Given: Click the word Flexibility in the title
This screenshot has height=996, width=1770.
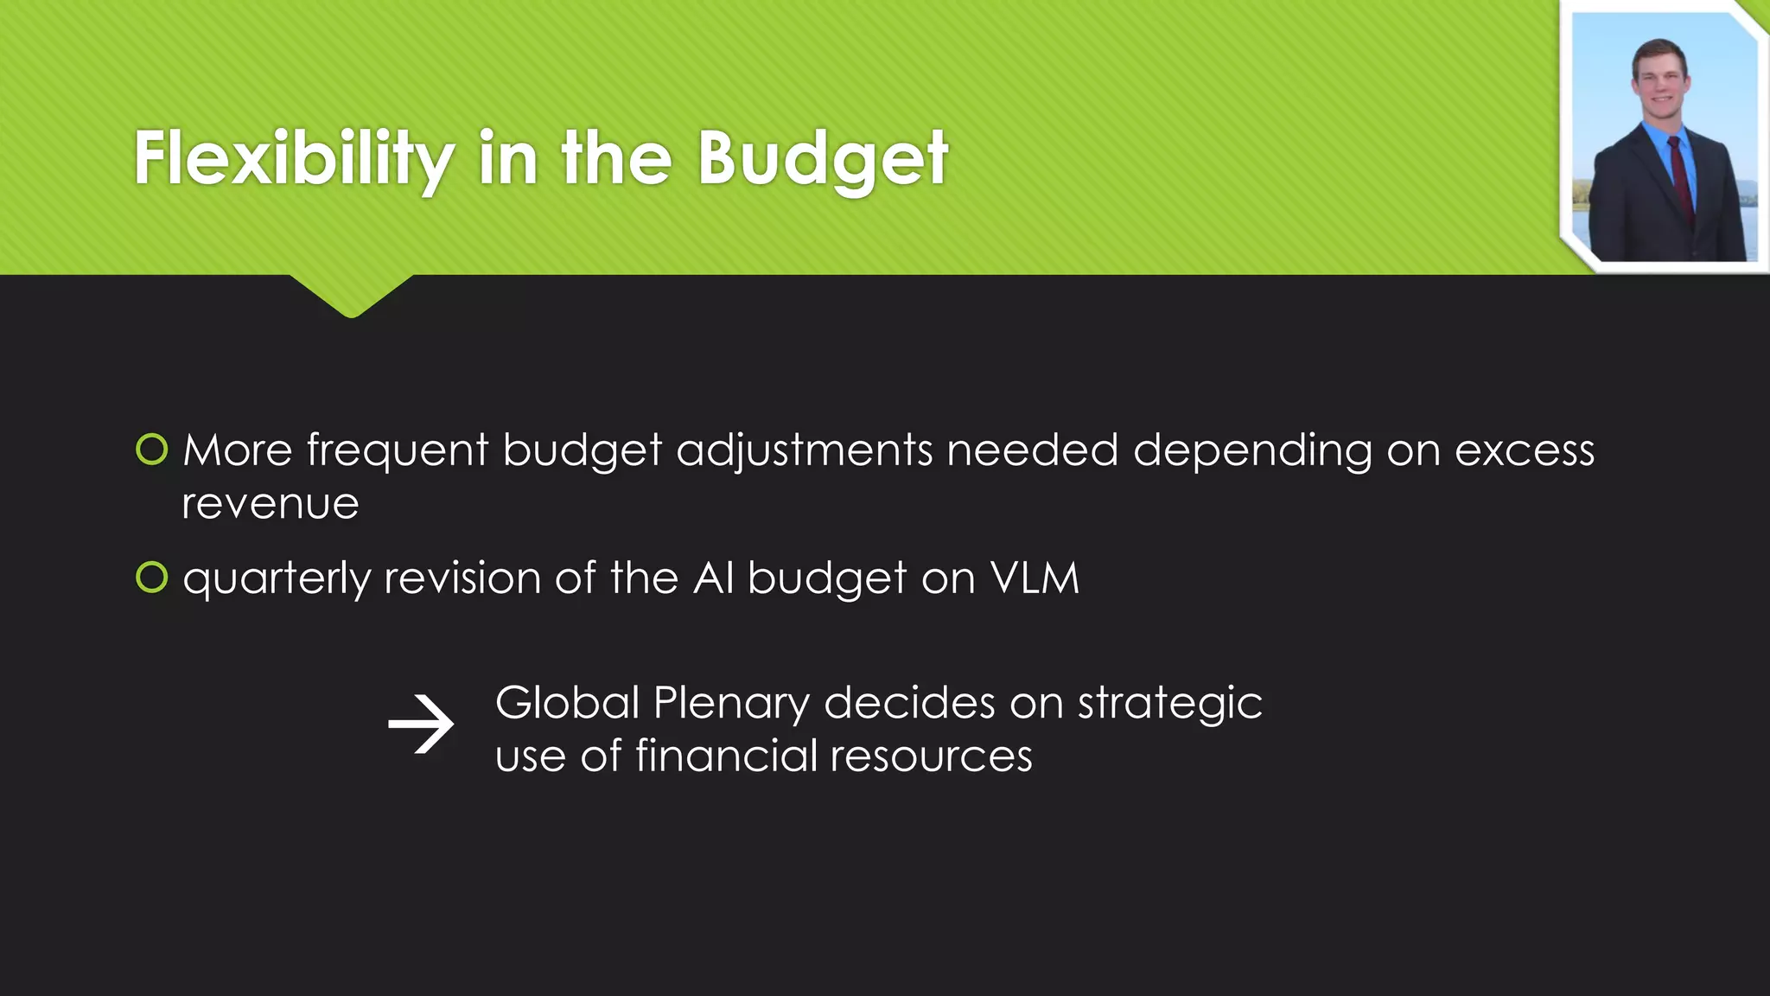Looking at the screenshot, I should pyautogui.click(x=294, y=159).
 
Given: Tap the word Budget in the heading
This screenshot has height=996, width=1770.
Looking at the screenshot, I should pyautogui.click(x=823, y=159).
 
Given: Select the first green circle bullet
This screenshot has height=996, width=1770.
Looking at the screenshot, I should pyautogui.click(x=152, y=450).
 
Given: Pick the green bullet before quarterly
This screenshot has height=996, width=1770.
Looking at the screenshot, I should pyautogui.click(x=152, y=578).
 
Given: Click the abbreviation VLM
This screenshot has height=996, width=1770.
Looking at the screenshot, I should pyautogui.click(x=1035, y=578).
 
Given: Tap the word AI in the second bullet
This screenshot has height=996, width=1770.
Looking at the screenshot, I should pyautogui.click(x=714, y=578).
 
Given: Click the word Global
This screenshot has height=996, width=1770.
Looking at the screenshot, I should pyautogui.click(x=567, y=702).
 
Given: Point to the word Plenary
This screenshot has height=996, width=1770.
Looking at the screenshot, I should pyautogui.click(x=731, y=704).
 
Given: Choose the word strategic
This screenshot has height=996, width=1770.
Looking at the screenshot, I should pyautogui.click(x=1170, y=704).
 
